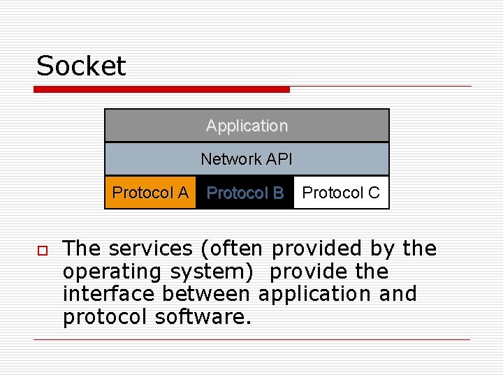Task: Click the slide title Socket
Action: [x=81, y=66]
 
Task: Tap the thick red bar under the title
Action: [x=161, y=89]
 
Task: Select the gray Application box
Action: [x=247, y=126]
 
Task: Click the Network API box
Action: [x=247, y=159]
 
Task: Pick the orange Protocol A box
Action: [x=150, y=193]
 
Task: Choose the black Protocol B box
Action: [x=245, y=193]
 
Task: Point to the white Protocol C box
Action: [x=341, y=193]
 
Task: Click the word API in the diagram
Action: [x=278, y=159]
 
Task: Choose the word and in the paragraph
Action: [x=398, y=293]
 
